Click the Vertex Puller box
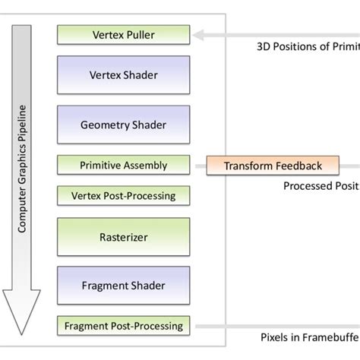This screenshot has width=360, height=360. [x=124, y=34]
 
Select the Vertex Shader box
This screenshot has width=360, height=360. [x=124, y=77]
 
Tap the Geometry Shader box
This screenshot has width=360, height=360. [x=124, y=123]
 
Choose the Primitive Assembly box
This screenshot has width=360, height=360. [x=124, y=165]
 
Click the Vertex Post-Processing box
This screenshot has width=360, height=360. [x=124, y=195]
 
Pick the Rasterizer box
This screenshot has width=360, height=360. [x=124, y=238]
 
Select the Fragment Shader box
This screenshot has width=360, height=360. [x=124, y=286]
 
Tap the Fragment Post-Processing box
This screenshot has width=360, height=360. [x=124, y=327]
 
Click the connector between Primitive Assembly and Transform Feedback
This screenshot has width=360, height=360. [x=198, y=166]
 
